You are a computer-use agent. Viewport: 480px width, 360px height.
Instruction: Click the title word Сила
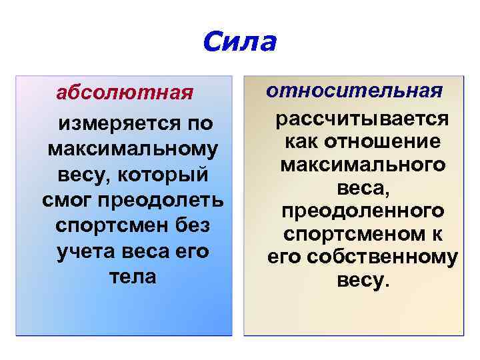[x=239, y=42]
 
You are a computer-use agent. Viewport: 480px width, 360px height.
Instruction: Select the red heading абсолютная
[x=125, y=92]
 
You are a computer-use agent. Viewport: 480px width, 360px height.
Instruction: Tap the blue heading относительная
[x=354, y=90]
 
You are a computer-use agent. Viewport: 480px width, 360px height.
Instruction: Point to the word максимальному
[x=133, y=149]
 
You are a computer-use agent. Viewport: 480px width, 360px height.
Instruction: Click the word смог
[x=63, y=200]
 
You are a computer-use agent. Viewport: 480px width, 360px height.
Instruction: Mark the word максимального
[x=363, y=165]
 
